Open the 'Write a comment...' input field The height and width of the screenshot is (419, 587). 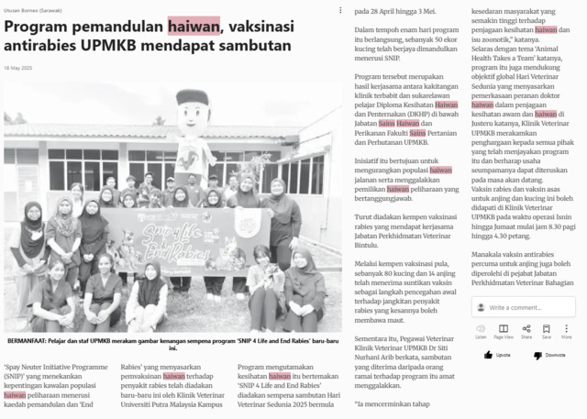528,307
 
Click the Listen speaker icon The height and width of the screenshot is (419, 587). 481,328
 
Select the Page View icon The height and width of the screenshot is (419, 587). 504,328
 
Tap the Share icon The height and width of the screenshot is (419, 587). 526,328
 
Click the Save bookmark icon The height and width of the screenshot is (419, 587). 546,328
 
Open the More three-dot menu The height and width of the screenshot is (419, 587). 566,328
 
